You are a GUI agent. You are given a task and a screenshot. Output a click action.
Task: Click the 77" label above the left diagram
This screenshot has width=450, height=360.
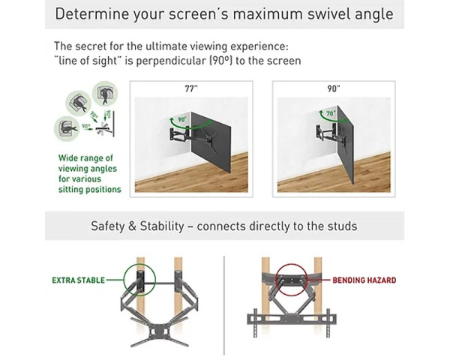pyautogui.click(x=190, y=88)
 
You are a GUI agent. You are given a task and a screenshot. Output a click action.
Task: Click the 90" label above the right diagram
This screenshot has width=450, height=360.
pyautogui.click(x=333, y=88)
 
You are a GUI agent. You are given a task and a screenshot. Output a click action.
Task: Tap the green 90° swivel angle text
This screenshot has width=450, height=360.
pyautogui.click(x=178, y=118)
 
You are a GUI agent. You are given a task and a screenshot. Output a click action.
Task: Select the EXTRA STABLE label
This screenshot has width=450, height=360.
pyautogui.click(x=77, y=280)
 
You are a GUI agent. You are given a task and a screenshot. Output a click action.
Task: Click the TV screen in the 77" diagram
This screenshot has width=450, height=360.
pyautogui.click(x=212, y=142)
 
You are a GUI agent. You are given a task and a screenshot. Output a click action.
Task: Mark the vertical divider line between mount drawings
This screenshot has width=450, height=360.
pyautogui.click(x=224, y=300)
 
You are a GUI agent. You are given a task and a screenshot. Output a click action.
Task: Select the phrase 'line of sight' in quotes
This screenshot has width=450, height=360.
pyautogui.click(x=87, y=61)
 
